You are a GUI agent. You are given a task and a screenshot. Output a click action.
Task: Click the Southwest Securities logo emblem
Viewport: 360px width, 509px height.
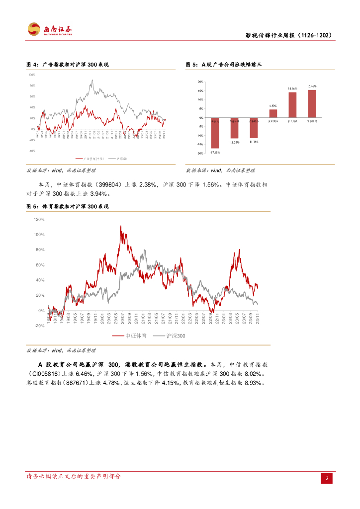34,29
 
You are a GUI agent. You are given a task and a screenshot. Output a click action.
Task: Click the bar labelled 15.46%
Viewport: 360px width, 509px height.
312,103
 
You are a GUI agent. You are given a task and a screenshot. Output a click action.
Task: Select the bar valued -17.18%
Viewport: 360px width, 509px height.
215,132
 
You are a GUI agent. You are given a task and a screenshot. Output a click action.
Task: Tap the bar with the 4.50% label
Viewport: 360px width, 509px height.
273,113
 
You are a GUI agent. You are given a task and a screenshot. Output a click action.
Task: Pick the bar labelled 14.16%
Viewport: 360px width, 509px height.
292,105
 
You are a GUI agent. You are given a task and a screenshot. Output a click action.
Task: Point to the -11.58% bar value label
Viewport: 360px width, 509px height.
235,143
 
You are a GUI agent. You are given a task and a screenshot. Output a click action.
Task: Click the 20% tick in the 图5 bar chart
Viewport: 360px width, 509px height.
200,82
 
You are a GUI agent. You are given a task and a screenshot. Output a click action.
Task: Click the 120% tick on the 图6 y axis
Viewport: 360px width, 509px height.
39,219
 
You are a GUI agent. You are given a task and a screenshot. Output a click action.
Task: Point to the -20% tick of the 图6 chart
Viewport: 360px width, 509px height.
39,326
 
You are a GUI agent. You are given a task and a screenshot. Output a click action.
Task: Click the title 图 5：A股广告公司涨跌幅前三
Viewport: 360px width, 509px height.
223,65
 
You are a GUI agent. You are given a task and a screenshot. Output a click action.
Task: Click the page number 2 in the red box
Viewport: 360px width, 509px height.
327,478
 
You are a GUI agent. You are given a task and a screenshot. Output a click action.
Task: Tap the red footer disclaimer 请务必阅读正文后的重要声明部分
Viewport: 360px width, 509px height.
74,476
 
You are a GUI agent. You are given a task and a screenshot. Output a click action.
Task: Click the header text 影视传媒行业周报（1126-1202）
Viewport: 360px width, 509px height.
288,36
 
